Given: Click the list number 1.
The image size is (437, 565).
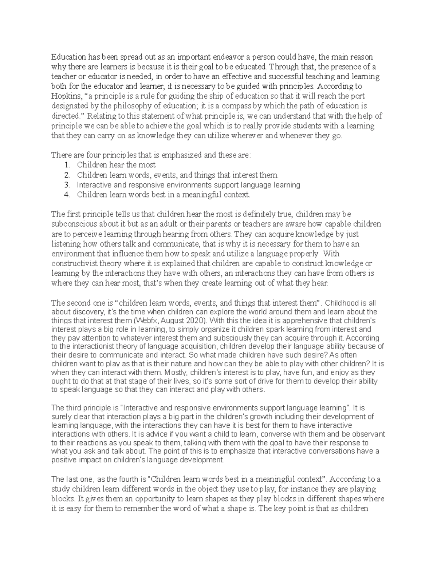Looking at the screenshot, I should point(66,165).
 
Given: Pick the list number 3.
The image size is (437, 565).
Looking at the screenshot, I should point(66,185).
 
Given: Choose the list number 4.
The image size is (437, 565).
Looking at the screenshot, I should point(66,195).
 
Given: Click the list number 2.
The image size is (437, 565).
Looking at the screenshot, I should point(66,175).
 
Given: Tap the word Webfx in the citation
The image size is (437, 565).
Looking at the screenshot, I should point(147,321).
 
